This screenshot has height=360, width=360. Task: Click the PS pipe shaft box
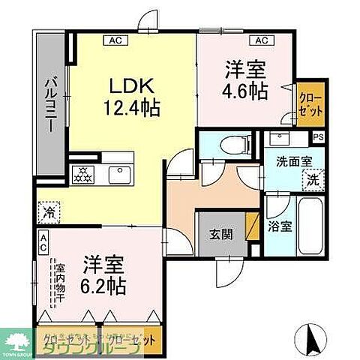[x=318, y=136]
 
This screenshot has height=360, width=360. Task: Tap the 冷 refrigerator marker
[x=49, y=212]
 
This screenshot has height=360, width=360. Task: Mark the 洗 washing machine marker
[x=310, y=180]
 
